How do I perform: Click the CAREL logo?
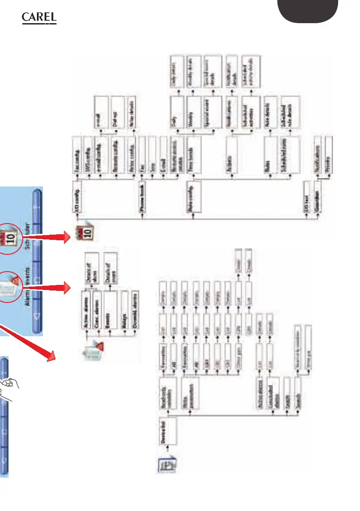(39, 19)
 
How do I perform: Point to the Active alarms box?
(87, 306)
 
